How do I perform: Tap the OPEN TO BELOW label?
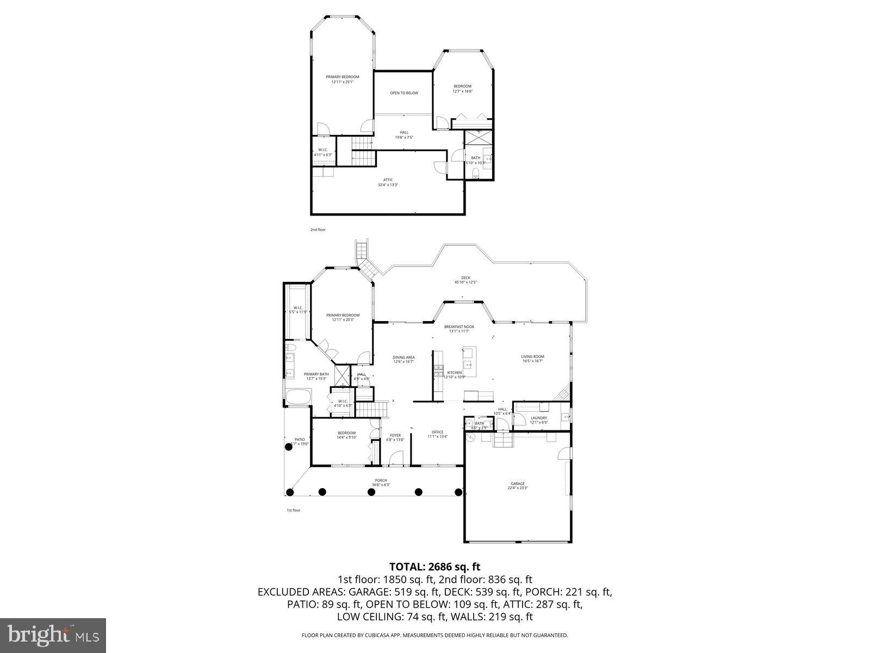[404, 93]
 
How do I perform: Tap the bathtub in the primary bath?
[297, 397]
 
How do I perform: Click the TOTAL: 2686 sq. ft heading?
[434, 567]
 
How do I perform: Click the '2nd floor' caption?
[318, 230]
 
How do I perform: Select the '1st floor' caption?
[293, 510]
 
